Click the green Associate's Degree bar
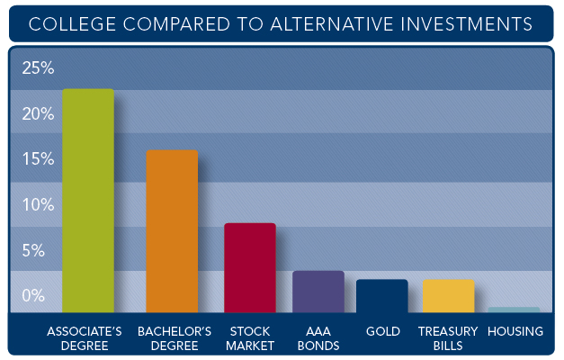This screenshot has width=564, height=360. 88,201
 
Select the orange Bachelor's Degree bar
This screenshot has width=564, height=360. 172,231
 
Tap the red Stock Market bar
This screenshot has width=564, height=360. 250,268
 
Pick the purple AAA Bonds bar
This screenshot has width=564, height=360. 318,292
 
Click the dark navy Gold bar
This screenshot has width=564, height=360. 382,296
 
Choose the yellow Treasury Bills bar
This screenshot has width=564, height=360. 449,296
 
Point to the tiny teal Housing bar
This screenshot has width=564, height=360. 514,310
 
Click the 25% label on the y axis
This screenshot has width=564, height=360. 38,67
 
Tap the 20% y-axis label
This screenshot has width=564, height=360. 38,113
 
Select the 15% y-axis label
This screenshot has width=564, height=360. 38,158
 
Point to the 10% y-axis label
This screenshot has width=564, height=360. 38,204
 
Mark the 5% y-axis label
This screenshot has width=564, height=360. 33,250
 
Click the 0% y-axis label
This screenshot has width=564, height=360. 33,295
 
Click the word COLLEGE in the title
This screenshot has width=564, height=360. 72,24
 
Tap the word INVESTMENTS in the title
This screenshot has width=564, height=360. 466,24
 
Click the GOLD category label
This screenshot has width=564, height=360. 383,331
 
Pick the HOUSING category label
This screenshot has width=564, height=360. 515,331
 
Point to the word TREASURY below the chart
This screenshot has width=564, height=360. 448,331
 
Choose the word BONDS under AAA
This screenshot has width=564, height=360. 318,346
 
